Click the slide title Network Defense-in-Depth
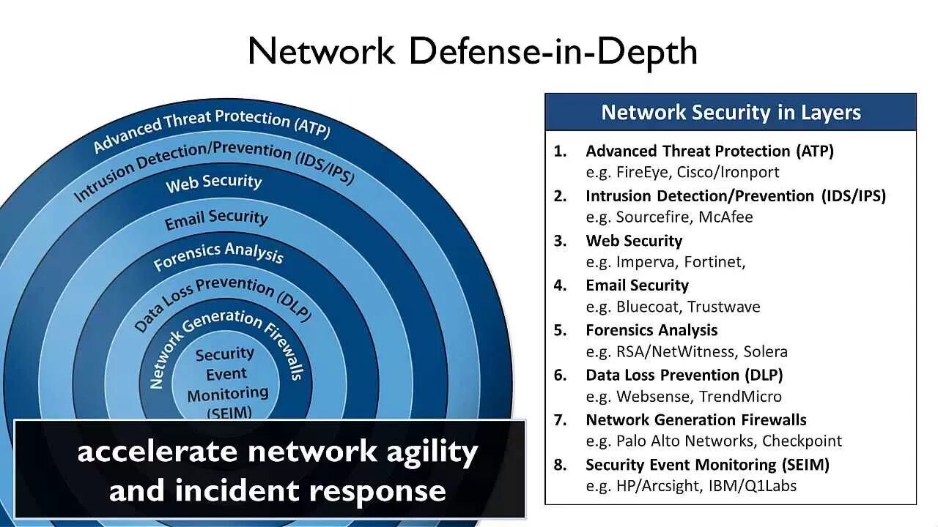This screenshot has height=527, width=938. (x=472, y=51)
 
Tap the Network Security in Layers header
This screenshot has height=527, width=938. (x=731, y=112)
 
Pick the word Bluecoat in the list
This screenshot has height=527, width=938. (x=648, y=307)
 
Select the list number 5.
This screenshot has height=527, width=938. (x=561, y=330)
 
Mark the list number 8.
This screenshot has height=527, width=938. (x=561, y=464)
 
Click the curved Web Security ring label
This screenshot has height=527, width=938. (x=213, y=182)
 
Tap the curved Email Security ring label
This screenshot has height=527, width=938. (x=216, y=218)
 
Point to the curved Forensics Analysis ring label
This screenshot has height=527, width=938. (x=218, y=253)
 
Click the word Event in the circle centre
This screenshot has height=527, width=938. (x=226, y=375)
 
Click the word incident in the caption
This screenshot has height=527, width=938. (x=238, y=490)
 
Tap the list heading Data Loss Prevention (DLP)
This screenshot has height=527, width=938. (x=684, y=375)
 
